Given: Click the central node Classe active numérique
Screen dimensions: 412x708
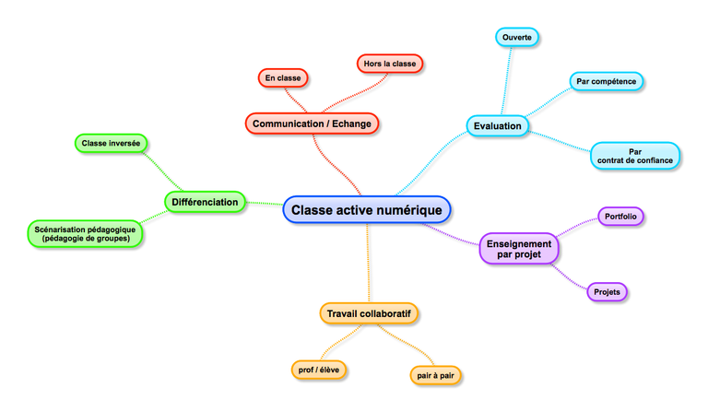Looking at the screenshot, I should coord(367,210).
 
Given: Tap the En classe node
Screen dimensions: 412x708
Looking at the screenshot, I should coord(282,78).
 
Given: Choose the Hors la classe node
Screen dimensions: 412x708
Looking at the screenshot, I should coord(390,64).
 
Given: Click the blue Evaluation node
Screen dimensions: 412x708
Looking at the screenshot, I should coord(498,125).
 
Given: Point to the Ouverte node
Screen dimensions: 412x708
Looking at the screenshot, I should coord(516,38).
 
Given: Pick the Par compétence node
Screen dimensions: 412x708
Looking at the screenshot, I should coord(606,81).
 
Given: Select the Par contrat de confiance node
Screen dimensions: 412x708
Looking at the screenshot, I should coord(635,156).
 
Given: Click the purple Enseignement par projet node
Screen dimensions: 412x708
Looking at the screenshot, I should coord(518,248).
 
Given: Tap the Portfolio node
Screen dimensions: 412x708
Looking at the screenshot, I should coord(620,217).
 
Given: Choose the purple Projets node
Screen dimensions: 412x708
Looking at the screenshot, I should coord(607,292).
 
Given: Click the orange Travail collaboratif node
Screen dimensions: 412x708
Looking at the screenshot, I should coord(369,314).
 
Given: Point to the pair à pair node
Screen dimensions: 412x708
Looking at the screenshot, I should coord(435,375).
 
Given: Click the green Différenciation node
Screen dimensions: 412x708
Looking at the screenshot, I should coord(206,202).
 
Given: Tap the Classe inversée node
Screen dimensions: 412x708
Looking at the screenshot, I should coord(111,143).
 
